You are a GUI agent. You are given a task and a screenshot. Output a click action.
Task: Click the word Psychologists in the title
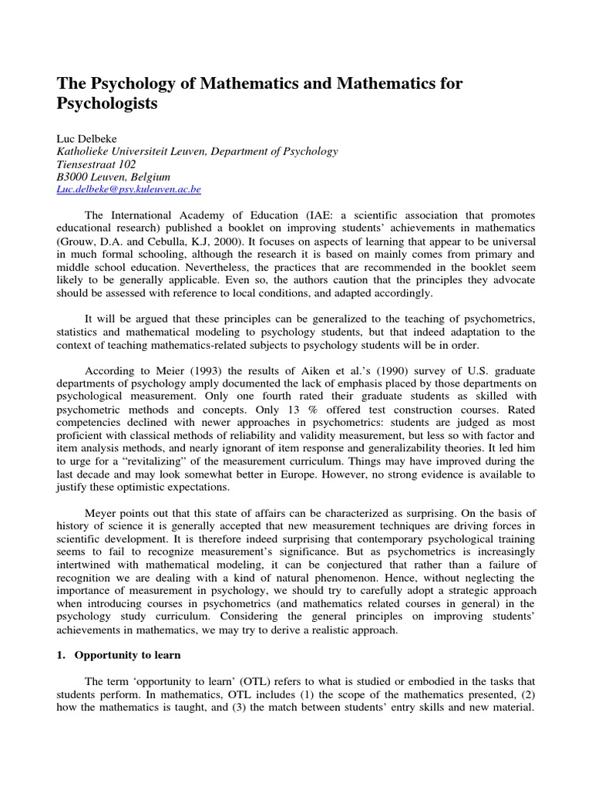108,104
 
